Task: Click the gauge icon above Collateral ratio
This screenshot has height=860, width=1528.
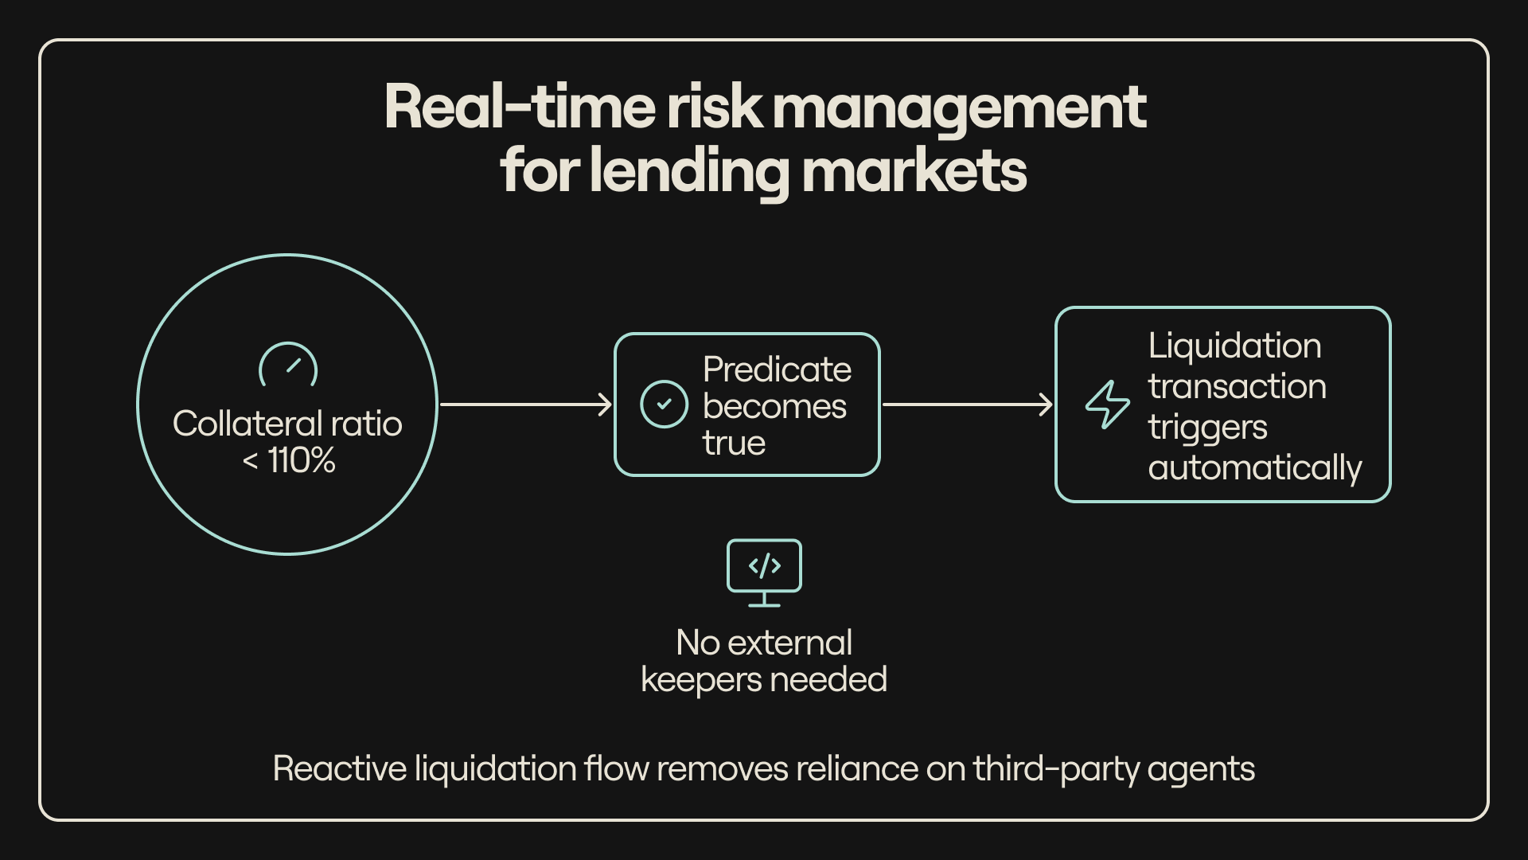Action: click(x=288, y=365)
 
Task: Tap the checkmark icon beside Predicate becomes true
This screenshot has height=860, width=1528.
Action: click(x=664, y=405)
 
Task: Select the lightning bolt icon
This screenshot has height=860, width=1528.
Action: click(x=1107, y=405)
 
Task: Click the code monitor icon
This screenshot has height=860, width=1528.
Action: click(x=764, y=573)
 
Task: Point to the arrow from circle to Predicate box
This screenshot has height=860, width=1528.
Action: click(x=525, y=405)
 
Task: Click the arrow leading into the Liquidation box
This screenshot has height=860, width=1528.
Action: click(x=968, y=405)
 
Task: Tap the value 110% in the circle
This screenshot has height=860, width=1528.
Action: click(x=302, y=460)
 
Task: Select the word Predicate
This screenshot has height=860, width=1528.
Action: click(x=777, y=369)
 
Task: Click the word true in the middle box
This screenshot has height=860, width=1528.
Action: click(x=734, y=443)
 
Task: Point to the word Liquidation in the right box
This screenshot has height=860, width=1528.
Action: click(x=1234, y=346)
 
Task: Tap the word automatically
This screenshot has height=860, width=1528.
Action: click(x=1255, y=467)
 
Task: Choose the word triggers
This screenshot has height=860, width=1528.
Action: click(x=1207, y=428)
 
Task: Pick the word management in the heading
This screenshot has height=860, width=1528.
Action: click(x=959, y=107)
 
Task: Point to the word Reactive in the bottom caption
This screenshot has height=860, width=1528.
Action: click(x=340, y=769)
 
